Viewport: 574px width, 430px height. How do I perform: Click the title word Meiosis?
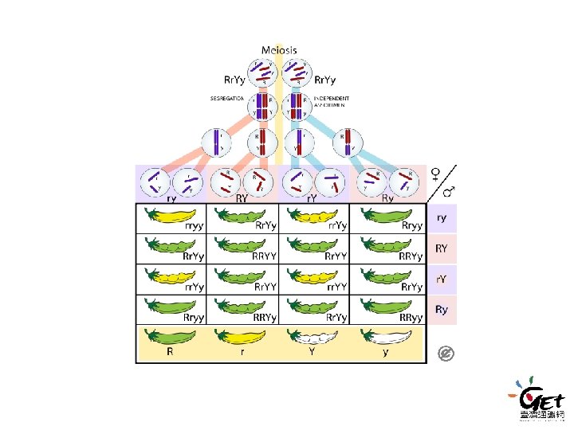pos(279,50)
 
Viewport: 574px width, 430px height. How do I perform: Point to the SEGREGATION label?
pos(227,99)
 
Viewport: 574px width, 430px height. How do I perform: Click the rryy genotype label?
pos(194,225)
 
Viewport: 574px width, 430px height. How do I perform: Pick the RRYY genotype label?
pos(264,256)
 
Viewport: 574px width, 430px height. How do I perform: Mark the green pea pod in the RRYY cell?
pos(242,246)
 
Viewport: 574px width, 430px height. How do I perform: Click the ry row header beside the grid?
pos(441,217)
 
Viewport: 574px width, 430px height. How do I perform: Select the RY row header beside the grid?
pos(441,248)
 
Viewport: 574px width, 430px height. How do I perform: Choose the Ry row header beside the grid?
pos(441,309)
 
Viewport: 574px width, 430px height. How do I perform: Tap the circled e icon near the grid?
pos(446,353)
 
